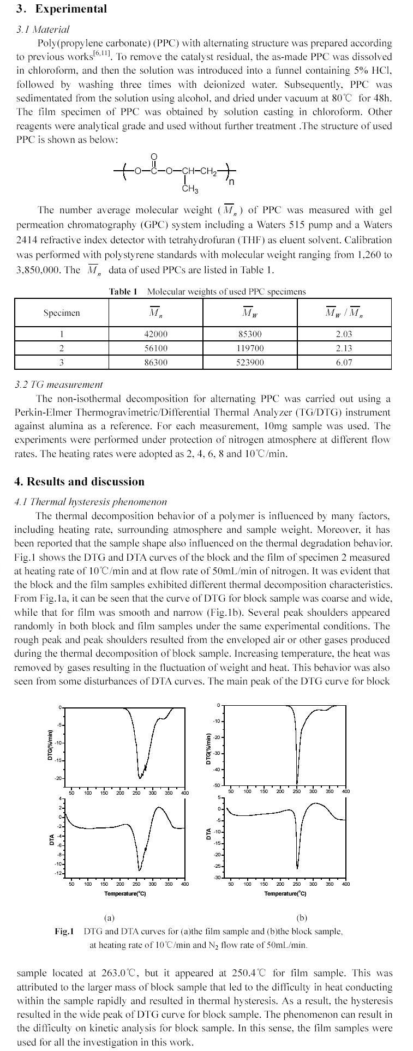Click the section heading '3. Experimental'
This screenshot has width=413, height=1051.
[x=61, y=9]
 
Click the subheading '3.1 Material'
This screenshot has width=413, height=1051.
[x=43, y=29]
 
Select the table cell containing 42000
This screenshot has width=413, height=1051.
[x=155, y=334]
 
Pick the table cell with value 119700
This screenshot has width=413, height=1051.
[x=249, y=349]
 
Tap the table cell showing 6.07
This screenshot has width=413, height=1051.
[x=344, y=363]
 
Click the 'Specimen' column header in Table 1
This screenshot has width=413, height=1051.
[x=62, y=313]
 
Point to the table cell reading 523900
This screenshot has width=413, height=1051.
[x=249, y=363]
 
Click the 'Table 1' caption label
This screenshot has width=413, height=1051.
[x=123, y=292]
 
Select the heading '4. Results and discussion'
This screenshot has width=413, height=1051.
[x=80, y=482]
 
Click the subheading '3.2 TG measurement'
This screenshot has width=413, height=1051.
[x=58, y=385]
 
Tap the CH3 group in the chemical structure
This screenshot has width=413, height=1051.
[x=190, y=189]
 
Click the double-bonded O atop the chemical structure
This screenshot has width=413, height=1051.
[x=153, y=158]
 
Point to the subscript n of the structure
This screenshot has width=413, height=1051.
[x=231, y=182]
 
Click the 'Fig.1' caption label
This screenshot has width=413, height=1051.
[x=64, y=931]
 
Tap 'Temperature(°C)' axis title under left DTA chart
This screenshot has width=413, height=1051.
[x=125, y=894]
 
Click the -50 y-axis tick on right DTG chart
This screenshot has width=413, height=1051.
[x=216, y=785]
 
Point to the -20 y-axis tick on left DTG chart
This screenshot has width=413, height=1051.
[x=58, y=778]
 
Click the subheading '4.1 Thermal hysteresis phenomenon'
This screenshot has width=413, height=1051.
[x=91, y=502]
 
